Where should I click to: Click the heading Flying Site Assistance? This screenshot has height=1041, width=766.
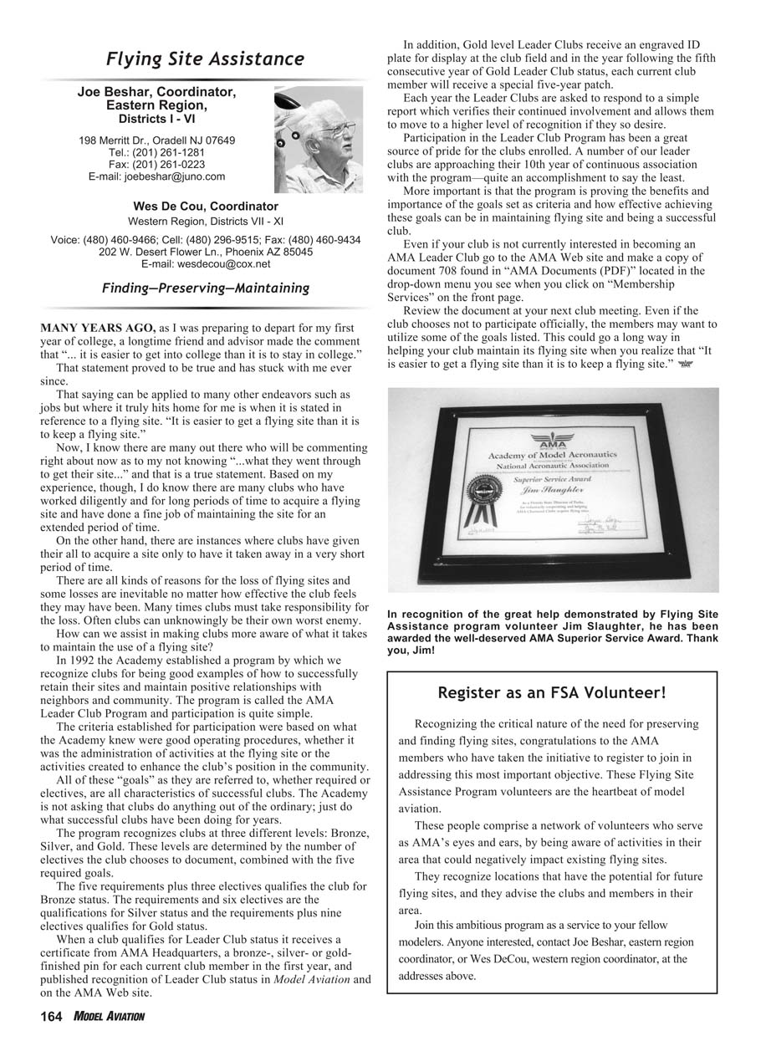205,59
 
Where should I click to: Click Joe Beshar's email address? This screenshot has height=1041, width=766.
156,176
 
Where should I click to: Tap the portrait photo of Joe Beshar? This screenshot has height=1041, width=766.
318,138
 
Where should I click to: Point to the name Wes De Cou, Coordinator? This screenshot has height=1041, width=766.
206,206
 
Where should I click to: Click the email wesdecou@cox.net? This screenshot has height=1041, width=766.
206,264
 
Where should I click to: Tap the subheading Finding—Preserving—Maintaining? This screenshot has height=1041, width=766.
206,288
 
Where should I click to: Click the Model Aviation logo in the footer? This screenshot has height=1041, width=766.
109,1017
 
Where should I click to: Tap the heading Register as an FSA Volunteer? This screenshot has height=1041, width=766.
552,692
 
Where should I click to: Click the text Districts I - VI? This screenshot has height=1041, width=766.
156,119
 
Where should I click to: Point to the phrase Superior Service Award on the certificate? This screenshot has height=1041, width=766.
551,479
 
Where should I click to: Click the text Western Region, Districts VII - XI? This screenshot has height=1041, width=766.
206,222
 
